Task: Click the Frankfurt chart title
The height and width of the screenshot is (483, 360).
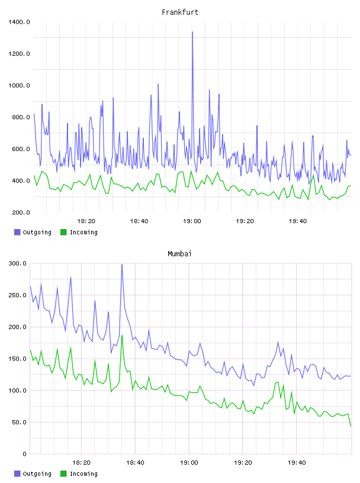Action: click(x=180, y=12)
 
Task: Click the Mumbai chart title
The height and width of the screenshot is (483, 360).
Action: click(x=179, y=254)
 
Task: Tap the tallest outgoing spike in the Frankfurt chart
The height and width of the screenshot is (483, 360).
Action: click(x=192, y=32)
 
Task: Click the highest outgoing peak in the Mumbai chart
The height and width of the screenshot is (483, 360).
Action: click(x=122, y=265)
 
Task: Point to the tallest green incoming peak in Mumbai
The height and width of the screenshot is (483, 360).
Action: click(x=122, y=336)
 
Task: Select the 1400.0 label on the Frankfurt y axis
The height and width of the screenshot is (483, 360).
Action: click(x=19, y=22)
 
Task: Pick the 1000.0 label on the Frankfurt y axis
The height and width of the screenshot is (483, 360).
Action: click(x=19, y=85)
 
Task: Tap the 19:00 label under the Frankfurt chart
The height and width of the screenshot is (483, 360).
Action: click(x=192, y=221)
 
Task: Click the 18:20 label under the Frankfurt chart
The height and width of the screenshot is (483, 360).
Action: click(x=86, y=221)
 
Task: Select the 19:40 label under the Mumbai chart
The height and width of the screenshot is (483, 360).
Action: click(x=297, y=463)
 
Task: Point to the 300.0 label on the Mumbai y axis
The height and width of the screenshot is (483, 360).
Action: click(x=17, y=263)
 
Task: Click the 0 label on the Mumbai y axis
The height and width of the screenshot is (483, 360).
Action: click(x=24, y=454)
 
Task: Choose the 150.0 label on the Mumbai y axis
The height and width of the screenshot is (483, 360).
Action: click(x=17, y=359)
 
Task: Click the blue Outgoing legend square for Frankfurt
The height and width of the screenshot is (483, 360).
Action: click(x=17, y=232)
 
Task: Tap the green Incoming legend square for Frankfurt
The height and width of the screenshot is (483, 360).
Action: click(x=63, y=232)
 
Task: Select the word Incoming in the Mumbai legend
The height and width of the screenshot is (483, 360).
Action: click(x=83, y=474)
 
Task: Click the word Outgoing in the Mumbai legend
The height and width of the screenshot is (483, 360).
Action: click(x=37, y=474)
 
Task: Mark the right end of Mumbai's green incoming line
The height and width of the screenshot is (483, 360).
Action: click(x=351, y=426)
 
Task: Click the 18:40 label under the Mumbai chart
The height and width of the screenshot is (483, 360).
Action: click(x=135, y=463)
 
